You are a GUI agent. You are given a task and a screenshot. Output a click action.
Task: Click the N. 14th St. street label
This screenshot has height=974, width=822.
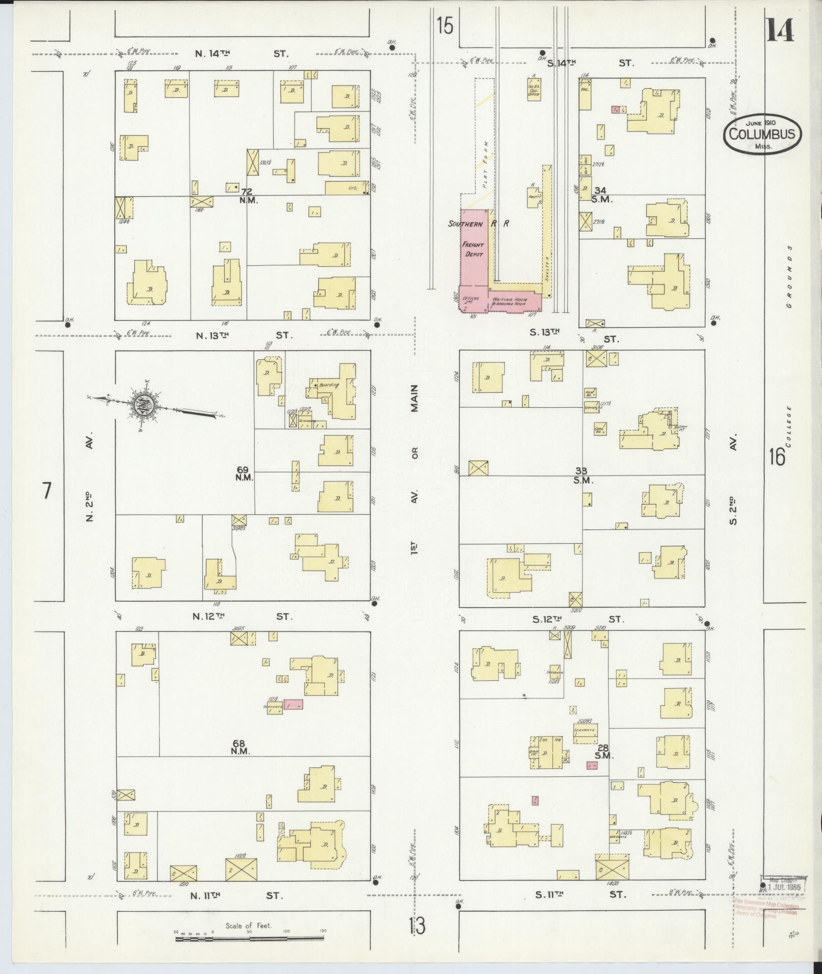click(x=243, y=53)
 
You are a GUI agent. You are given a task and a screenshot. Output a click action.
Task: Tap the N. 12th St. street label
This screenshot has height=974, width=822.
click(x=242, y=617)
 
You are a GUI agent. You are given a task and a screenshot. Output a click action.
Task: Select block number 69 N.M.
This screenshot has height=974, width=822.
click(x=243, y=473)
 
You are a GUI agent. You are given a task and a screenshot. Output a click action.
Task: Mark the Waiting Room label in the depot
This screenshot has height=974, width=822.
click(x=509, y=300)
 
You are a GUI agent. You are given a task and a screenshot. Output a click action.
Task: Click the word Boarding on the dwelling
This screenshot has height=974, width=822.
click(x=329, y=385)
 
